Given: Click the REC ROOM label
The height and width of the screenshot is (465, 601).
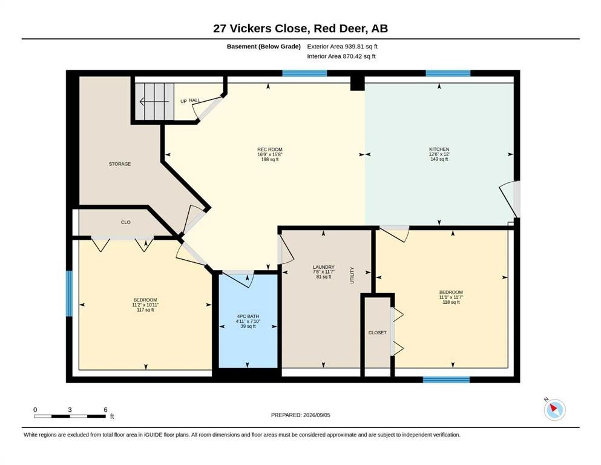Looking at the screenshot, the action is [270, 150].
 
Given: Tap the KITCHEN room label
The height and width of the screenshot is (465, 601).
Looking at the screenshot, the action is [439, 149].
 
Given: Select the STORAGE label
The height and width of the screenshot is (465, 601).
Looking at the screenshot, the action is [120, 163].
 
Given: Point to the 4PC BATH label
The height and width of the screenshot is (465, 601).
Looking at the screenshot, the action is [248, 316].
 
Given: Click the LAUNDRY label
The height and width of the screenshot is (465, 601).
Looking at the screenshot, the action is [323, 267].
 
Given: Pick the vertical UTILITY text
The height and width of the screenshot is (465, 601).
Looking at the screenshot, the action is [352, 275].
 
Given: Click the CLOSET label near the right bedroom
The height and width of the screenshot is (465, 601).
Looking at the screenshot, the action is [378, 332].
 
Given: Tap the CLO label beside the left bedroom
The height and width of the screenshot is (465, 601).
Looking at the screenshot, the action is [126, 222].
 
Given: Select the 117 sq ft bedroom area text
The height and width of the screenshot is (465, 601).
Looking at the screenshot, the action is [145, 310].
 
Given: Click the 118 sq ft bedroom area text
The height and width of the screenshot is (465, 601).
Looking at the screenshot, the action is [451, 302].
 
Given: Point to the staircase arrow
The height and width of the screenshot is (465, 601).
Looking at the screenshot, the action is [154, 102].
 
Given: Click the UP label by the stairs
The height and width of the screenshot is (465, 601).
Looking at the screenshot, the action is [183, 101].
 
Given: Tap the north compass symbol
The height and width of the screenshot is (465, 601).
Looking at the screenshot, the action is [554, 409].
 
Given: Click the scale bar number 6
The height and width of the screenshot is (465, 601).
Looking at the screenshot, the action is [105, 409].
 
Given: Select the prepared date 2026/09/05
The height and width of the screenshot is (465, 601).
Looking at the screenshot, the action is [317, 415].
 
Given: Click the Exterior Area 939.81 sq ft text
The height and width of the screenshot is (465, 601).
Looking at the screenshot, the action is [343, 47].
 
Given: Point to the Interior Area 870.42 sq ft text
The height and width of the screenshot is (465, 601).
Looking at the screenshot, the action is [341, 56].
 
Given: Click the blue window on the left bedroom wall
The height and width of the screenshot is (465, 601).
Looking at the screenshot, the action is [70, 294].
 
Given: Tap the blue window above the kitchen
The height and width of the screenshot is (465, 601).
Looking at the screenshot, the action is [448, 73].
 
